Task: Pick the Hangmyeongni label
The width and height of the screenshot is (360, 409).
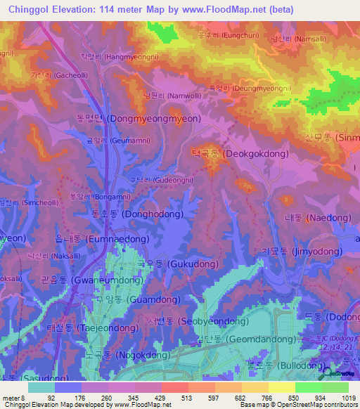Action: (122, 58)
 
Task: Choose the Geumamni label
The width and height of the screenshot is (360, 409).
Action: (116, 141)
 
